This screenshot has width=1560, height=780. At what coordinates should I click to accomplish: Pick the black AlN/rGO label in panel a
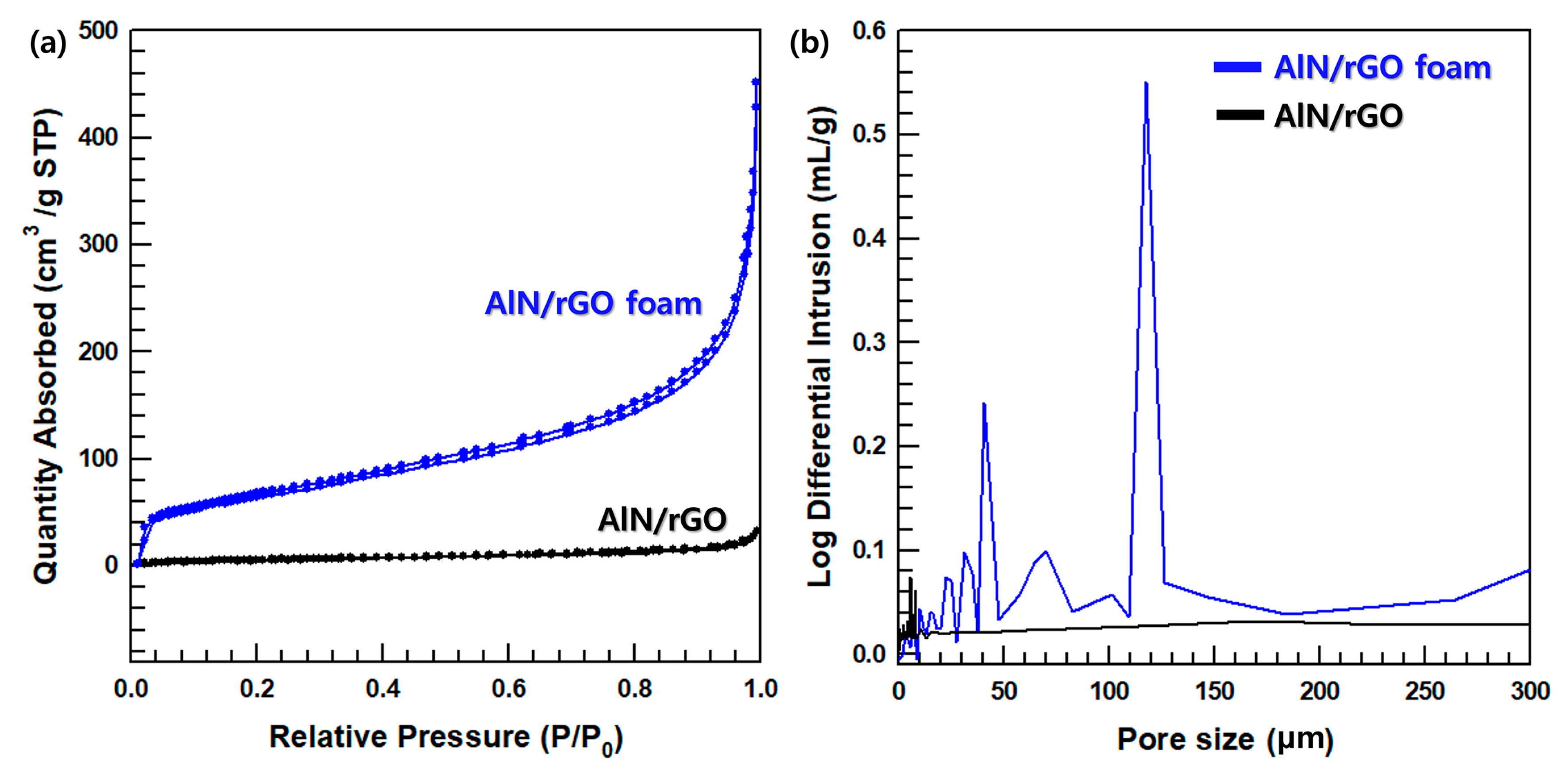[662, 519]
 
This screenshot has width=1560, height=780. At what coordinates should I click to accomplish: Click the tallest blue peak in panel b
[1146, 84]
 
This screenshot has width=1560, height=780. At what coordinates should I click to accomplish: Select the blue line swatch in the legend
[1237, 67]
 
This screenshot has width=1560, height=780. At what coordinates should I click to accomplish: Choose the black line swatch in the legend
[1240, 115]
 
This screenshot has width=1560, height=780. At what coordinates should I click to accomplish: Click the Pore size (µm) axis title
[1225, 739]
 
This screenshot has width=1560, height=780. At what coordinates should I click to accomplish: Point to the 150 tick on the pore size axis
[1214, 691]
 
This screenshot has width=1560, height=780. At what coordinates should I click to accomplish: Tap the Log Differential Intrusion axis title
[821, 347]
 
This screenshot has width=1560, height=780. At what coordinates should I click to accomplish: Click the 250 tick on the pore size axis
[1425, 691]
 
